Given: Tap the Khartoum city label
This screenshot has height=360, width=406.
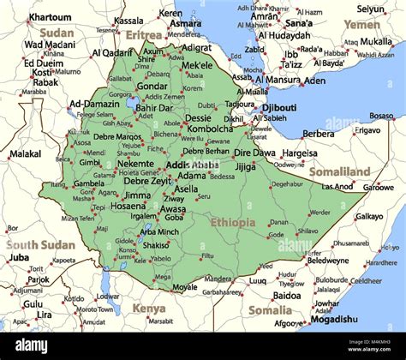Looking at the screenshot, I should [50, 17].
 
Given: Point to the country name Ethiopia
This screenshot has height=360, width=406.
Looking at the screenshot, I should [232, 222].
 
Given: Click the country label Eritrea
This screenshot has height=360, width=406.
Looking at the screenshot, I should [144, 35].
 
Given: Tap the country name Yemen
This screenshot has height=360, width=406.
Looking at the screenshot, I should [361, 25].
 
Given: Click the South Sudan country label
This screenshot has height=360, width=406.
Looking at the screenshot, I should [40, 244].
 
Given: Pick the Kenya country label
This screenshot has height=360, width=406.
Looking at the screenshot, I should [149, 308].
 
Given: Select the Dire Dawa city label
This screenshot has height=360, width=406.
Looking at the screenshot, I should [254, 153].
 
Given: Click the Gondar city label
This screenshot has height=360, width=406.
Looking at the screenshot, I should [152, 86].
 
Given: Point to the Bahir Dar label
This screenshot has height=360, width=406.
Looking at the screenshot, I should [154, 108].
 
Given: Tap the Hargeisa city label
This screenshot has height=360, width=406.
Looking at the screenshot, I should [300, 153].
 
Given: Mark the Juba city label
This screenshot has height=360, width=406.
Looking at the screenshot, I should [19, 256].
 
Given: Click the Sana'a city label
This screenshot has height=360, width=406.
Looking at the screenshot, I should [298, 23].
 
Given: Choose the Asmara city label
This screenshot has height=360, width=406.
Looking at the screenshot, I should [185, 24].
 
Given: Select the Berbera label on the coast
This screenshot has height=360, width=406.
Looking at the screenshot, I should [319, 134].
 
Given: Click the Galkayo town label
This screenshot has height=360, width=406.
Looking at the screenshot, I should [369, 216].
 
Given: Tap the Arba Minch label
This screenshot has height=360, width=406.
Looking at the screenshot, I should [159, 231].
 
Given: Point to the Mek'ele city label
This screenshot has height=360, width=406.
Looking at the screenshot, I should [197, 65].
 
